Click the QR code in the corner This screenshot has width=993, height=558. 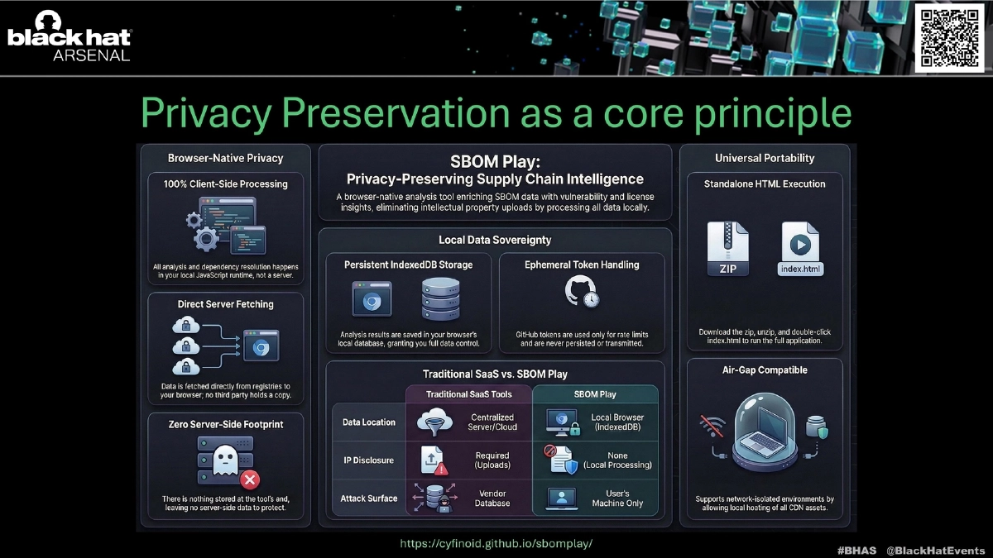tap(950, 38)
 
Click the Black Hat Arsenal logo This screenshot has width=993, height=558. tap(70, 36)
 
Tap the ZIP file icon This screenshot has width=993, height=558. tap(728, 249)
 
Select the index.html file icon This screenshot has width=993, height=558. tap(801, 249)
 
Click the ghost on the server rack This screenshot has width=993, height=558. tap(225, 460)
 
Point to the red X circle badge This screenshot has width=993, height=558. tap(250, 479)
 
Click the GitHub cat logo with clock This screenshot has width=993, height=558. tap(582, 291)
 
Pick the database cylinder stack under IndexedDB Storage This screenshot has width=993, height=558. tap(440, 299)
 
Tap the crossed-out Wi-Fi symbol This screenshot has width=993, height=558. tap(712, 426)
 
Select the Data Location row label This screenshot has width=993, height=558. tap(369, 422)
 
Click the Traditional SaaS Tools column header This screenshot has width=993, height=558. tap(469, 394)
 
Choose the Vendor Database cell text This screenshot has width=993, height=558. tap(492, 498)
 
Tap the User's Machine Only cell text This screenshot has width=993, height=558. tap(617, 498)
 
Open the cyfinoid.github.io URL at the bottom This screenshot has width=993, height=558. tap(496, 544)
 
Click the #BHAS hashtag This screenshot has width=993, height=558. tap(857, 551)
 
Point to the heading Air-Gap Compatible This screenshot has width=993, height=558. tap(765, 370)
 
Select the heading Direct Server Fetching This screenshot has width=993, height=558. tap(226, 304)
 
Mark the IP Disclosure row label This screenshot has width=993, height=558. tap(369, 460)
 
